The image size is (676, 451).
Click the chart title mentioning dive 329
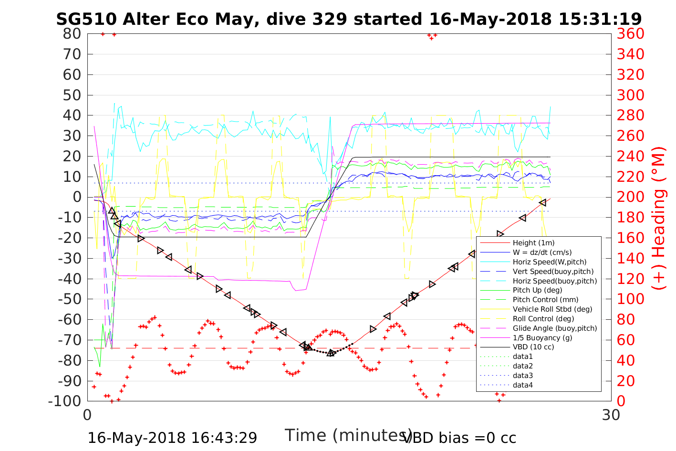[349, 19]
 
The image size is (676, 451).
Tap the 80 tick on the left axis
[72, 34]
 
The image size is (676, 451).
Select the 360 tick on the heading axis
[631, 34]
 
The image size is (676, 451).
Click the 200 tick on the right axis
[631, 197]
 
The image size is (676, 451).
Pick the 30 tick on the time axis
[611, 415]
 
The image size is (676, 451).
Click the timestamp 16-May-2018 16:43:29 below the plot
[173, 438]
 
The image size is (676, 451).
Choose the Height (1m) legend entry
[533, 243]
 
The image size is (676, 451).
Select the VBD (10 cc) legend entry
[533, 347]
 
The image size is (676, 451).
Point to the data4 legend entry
[522, 385]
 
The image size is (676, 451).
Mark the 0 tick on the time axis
[88, 415]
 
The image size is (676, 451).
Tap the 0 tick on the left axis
[76, 197]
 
